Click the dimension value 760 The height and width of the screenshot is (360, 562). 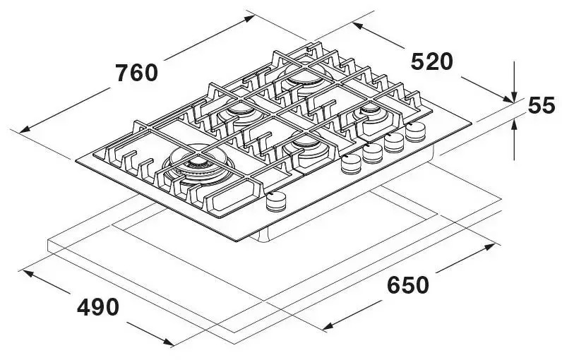tap(137, 73)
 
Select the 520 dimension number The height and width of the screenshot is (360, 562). tap(431, 62)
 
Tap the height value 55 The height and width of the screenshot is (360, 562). tap(542, 106)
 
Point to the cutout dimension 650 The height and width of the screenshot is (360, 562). tap(408, 285)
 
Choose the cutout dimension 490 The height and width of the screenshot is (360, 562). tap(97, 307)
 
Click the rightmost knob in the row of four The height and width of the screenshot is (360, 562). tap(417, 131)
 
